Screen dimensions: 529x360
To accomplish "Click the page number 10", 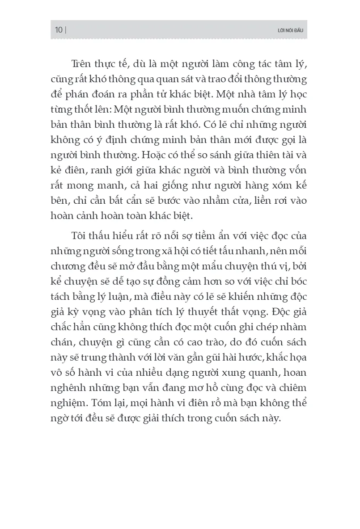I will (59, 30).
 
